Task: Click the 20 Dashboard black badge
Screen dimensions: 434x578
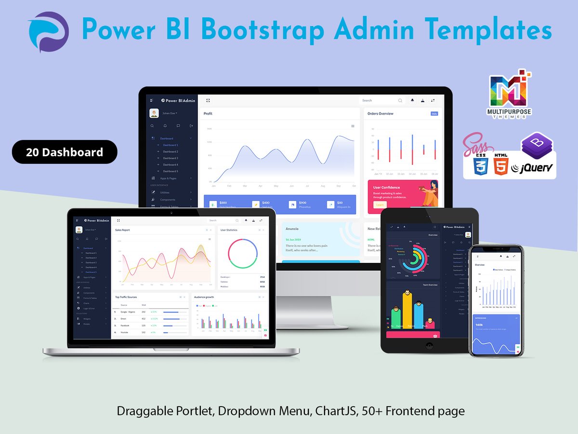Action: coord(65,152)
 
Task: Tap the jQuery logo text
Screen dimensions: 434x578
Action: coord(532,168)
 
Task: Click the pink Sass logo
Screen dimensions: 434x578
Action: coord(475,145)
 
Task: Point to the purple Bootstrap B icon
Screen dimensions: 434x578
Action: coord(537,145)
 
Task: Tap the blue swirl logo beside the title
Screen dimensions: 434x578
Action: coord(48,32)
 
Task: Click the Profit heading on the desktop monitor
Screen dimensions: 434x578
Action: coord(208,114)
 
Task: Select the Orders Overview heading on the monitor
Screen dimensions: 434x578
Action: coord(380,114)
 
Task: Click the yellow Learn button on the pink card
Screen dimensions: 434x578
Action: coord(380,204)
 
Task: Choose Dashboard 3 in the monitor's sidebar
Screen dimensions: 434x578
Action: coord(170,158)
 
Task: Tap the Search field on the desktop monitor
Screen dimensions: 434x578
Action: coord(378,100)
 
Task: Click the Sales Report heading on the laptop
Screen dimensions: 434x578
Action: coord(122,230)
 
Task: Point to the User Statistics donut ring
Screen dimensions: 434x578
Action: coord(243,254)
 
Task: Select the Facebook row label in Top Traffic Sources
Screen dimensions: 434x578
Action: coord(124,325)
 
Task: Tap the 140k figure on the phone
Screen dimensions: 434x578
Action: coord(479,325)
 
